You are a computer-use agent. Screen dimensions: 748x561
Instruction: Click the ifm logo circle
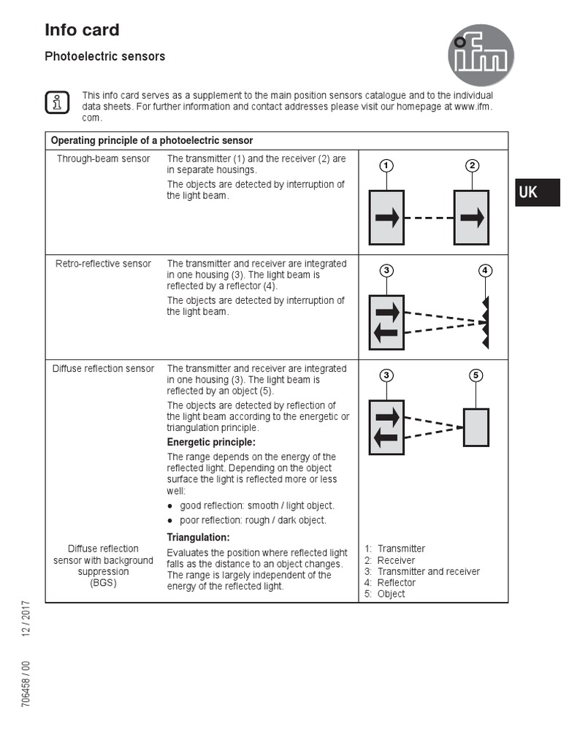pos(481,56)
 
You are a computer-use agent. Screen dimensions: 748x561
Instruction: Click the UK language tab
pos(537,192)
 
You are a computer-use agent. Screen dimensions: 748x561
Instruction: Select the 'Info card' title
pos(82,30)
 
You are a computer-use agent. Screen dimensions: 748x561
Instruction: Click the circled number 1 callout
pos(386,165)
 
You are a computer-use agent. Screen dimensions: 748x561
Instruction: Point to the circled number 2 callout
pos(472,165)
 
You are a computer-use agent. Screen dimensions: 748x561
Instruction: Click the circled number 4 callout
pos(485,270)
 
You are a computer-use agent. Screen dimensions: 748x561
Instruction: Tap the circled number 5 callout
pos(476,375)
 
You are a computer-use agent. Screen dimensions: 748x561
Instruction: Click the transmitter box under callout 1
pos(386,218)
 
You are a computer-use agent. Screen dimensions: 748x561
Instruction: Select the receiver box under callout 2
pos(471,218)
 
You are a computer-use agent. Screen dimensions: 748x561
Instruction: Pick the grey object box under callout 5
pos(476,427)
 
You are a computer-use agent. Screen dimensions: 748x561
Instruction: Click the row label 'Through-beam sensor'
pos(103,159)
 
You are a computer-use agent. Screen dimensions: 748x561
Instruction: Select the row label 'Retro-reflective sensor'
pos(103,264)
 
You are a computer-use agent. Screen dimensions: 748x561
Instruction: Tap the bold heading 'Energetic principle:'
pos(211,443)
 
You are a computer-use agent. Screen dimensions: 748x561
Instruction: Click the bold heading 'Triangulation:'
pos(198,538)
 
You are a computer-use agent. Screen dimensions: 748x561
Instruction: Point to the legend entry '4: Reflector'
pos(390,583)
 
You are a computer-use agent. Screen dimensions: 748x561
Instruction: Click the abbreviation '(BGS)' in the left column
pos(103,583)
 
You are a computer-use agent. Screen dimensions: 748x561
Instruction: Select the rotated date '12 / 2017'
pos(26,618)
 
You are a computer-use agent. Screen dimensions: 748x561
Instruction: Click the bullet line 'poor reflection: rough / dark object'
pos(253,520)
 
